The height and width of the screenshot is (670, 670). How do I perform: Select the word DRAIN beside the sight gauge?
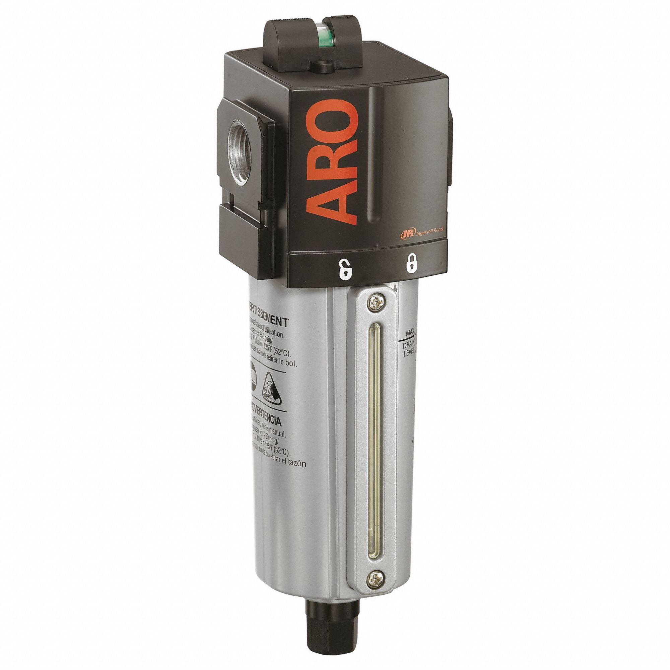[410, 346]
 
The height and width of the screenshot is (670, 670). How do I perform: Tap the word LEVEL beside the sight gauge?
[410, 354]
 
